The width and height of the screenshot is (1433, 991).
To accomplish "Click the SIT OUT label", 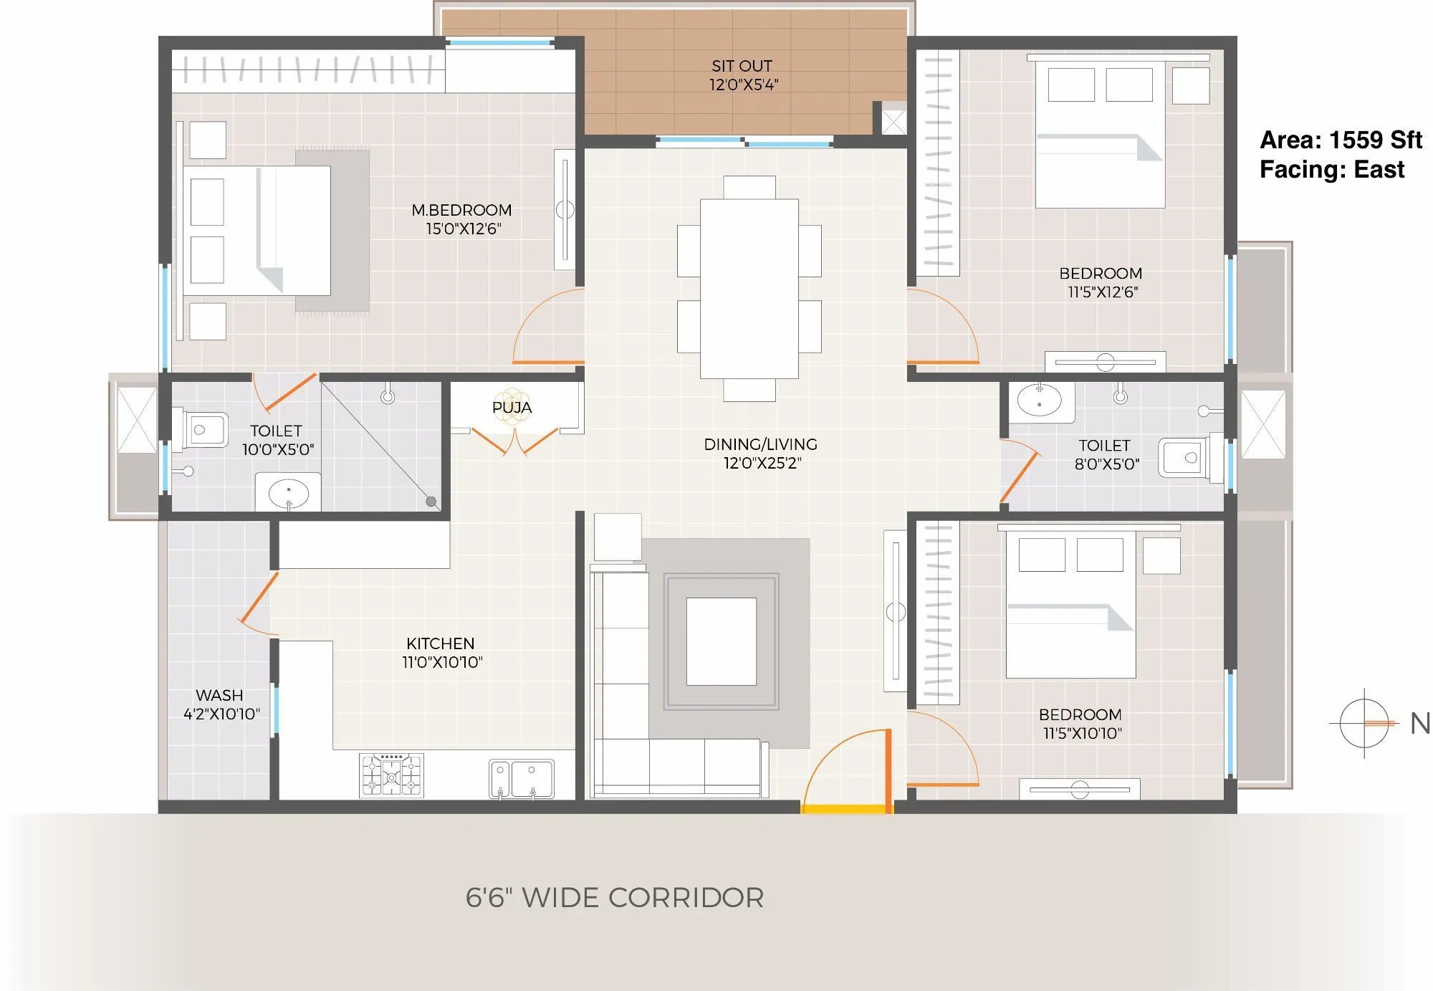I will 742,66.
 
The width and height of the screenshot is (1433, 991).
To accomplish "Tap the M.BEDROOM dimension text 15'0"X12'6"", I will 463,229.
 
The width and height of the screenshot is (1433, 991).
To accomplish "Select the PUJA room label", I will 512,407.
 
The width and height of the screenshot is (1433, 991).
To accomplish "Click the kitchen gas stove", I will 391,775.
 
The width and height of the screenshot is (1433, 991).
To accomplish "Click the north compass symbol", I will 1364,723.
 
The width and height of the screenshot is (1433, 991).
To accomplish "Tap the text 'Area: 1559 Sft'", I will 1340,140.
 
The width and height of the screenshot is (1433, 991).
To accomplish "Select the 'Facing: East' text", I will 1331,170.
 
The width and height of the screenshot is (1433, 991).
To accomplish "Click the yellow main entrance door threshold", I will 846,809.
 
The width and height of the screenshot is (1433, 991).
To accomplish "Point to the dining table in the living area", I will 749,288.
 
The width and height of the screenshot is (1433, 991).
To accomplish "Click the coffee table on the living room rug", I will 721,641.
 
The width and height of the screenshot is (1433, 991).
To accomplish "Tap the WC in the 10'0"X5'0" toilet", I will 203,430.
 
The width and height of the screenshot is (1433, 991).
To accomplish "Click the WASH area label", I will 219,695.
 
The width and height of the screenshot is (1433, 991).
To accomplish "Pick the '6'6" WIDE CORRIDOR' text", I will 614,898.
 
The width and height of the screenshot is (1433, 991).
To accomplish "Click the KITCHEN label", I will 440,643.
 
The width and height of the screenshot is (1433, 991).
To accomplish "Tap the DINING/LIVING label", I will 760,444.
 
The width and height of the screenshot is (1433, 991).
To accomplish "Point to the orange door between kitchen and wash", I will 258,598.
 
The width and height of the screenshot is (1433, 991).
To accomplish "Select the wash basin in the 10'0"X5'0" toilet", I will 288,492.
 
